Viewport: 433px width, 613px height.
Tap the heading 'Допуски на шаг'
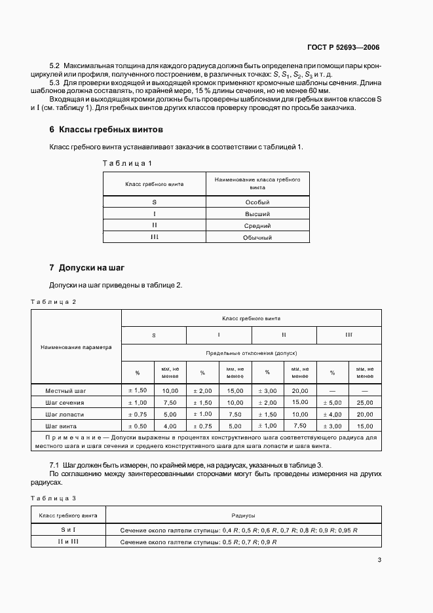coord(91,268)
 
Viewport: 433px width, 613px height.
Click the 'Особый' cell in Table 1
coord(257,202)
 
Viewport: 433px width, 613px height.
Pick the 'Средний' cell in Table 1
coord(257,225)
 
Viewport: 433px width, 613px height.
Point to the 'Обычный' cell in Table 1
coord(257,237)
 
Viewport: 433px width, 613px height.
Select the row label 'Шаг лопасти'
coord(64,414)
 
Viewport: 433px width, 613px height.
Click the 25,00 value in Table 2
coord(365,402)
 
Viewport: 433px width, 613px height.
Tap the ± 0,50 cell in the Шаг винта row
coord(138,426)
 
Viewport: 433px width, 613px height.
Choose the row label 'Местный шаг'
coord(65,390)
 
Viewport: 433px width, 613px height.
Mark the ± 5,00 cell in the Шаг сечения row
coord(332,402)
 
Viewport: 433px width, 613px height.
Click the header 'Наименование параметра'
coord(76,347)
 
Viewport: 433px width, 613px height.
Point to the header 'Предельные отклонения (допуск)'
coord(252,353)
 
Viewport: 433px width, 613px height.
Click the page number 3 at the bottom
coord(379,559)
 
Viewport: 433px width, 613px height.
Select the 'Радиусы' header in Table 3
coord(242,516)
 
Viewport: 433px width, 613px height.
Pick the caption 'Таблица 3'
coord(54,498)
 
